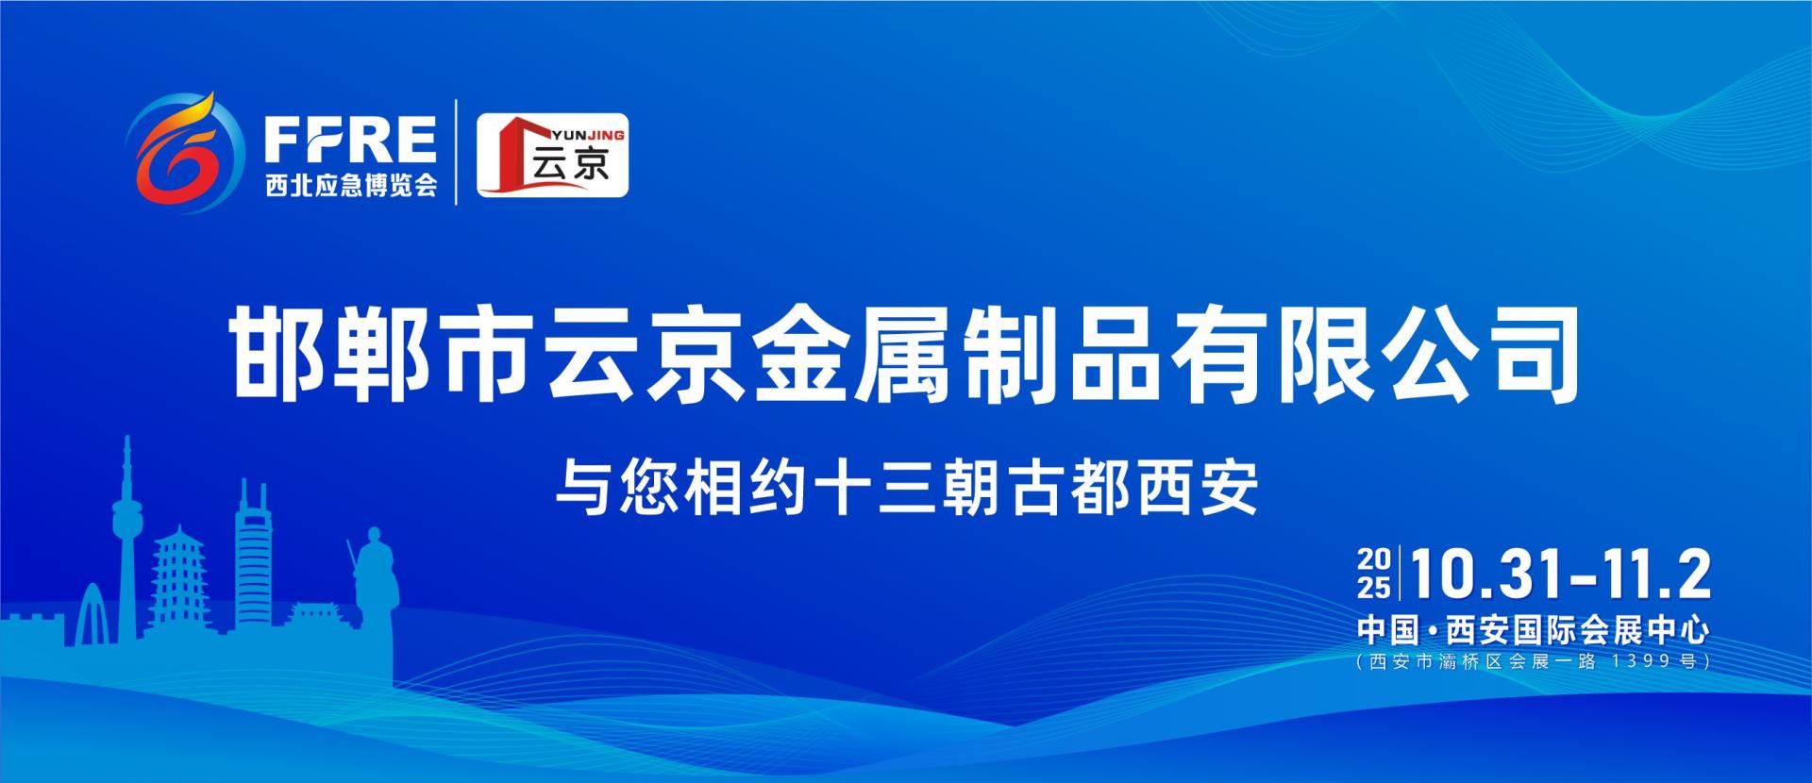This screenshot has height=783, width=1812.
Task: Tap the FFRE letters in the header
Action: point(349,141)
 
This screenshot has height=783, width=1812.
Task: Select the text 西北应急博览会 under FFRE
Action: point(351,186)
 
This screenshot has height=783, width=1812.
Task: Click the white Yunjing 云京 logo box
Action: point(552,156)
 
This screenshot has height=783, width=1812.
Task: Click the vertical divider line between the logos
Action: point(458,151)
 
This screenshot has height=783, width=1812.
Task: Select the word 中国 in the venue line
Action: point(1388,629)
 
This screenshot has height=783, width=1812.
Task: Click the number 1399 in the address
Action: point(1636,661)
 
